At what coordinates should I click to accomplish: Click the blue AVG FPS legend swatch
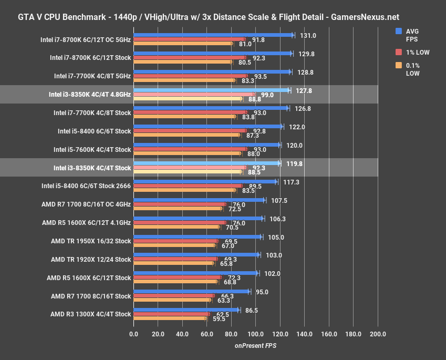399,31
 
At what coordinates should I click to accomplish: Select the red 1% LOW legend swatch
399,52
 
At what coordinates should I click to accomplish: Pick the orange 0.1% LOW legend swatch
399,65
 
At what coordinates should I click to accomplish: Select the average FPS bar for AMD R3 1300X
186,310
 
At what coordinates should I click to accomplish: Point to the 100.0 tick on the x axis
255,334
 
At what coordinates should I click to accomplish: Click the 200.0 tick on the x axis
378,334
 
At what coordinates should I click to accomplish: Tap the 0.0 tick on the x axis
133,334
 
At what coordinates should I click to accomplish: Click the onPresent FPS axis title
255,345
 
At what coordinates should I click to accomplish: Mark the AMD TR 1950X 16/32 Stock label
91,241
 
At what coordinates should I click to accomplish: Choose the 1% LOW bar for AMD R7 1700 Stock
174,296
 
